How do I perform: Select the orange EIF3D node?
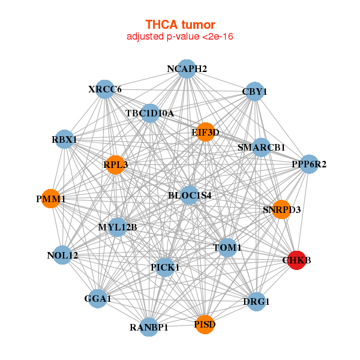205,132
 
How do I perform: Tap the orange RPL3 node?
116,164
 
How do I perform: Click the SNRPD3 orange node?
281,209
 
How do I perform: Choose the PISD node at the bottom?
205,325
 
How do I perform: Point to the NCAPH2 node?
187,69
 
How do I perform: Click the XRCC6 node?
105,89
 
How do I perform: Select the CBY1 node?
255,92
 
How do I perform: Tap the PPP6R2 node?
309,164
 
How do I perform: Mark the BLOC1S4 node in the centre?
190,195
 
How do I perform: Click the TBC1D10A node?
150,113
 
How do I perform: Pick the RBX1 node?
64,140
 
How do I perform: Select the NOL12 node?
62,256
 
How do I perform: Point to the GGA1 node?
98,298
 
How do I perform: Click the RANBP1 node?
149,327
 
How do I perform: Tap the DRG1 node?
256,301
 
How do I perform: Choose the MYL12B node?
118,227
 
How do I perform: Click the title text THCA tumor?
180,25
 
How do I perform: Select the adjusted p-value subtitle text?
180,37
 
